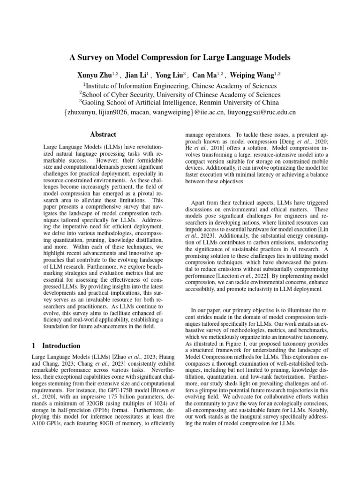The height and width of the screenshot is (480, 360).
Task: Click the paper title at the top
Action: click(180, 58)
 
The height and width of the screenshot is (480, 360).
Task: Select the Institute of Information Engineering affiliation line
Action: click(180, 86)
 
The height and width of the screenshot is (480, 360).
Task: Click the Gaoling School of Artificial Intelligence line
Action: click(180, 103)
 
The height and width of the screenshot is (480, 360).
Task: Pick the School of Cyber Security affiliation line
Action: click(180, 94)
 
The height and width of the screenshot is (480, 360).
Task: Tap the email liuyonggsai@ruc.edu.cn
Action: click(261, 112)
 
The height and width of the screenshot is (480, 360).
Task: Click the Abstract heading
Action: click(103, 135)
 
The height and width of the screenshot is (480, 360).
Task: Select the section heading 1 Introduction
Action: click(55, 346)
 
